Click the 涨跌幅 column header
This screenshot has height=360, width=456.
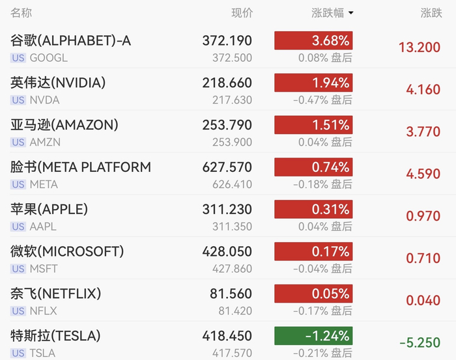(328, 13)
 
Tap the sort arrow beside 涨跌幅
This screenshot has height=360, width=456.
(351, 13)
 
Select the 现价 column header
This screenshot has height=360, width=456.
(242, 13)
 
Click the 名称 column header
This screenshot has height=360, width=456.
(21, 13)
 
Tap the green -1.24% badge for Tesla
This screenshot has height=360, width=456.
(313, 336)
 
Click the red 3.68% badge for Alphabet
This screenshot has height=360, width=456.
(313, 40)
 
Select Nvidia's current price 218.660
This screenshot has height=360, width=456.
(227, 83)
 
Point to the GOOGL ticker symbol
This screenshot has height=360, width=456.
(49, 58)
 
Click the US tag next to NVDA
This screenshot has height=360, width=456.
(18, 100)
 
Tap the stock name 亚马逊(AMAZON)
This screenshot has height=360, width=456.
(64, 125)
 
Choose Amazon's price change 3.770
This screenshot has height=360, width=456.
(423, 132)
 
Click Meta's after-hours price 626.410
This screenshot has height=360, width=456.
(232, 184)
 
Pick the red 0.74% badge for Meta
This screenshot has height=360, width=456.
(313, 167)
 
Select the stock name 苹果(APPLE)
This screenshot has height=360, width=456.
(49, 209)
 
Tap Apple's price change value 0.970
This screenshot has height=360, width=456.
(423, 216)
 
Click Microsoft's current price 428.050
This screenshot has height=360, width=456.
(227, 251)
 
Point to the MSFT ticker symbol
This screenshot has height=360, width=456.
(44, 269)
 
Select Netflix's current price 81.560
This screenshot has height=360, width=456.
(231, 294)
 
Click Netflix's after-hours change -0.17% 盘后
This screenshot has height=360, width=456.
(322, 311)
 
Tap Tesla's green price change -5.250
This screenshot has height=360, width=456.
(420, 342)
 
